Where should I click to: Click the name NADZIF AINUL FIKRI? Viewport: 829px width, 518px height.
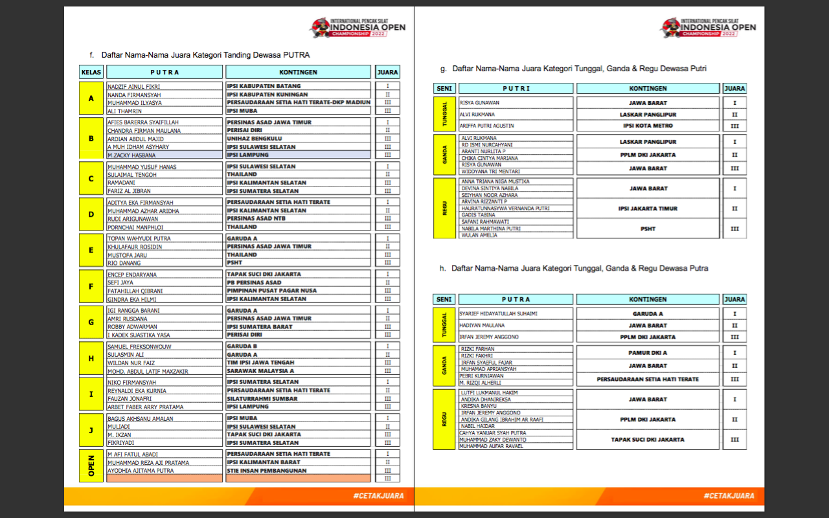click(x=133, y=86)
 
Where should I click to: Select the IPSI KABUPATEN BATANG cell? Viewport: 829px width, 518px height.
click(x=264, y=86)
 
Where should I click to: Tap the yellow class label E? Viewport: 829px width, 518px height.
click(x=91, y=251)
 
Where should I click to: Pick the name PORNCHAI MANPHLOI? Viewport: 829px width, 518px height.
click(x=135, y=227)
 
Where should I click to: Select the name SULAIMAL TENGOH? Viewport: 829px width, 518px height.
click(x=132, y=175)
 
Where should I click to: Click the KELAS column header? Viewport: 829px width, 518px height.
click(x=91, y=72)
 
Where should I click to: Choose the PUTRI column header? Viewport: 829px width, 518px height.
click(x=516, y=88)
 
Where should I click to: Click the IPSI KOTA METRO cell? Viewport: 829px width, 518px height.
click(x=648, y=126)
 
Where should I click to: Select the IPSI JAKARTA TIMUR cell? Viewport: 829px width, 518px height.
click(x=648, y=208)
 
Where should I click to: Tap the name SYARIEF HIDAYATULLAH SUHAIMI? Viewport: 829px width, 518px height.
click(x=499, y=313)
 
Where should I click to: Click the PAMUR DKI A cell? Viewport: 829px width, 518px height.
click(x=648, y=353)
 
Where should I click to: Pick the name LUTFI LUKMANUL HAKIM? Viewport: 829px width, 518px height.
click(x=489, y=392)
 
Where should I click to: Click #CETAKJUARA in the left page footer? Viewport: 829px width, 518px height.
click(x=379, y=496)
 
